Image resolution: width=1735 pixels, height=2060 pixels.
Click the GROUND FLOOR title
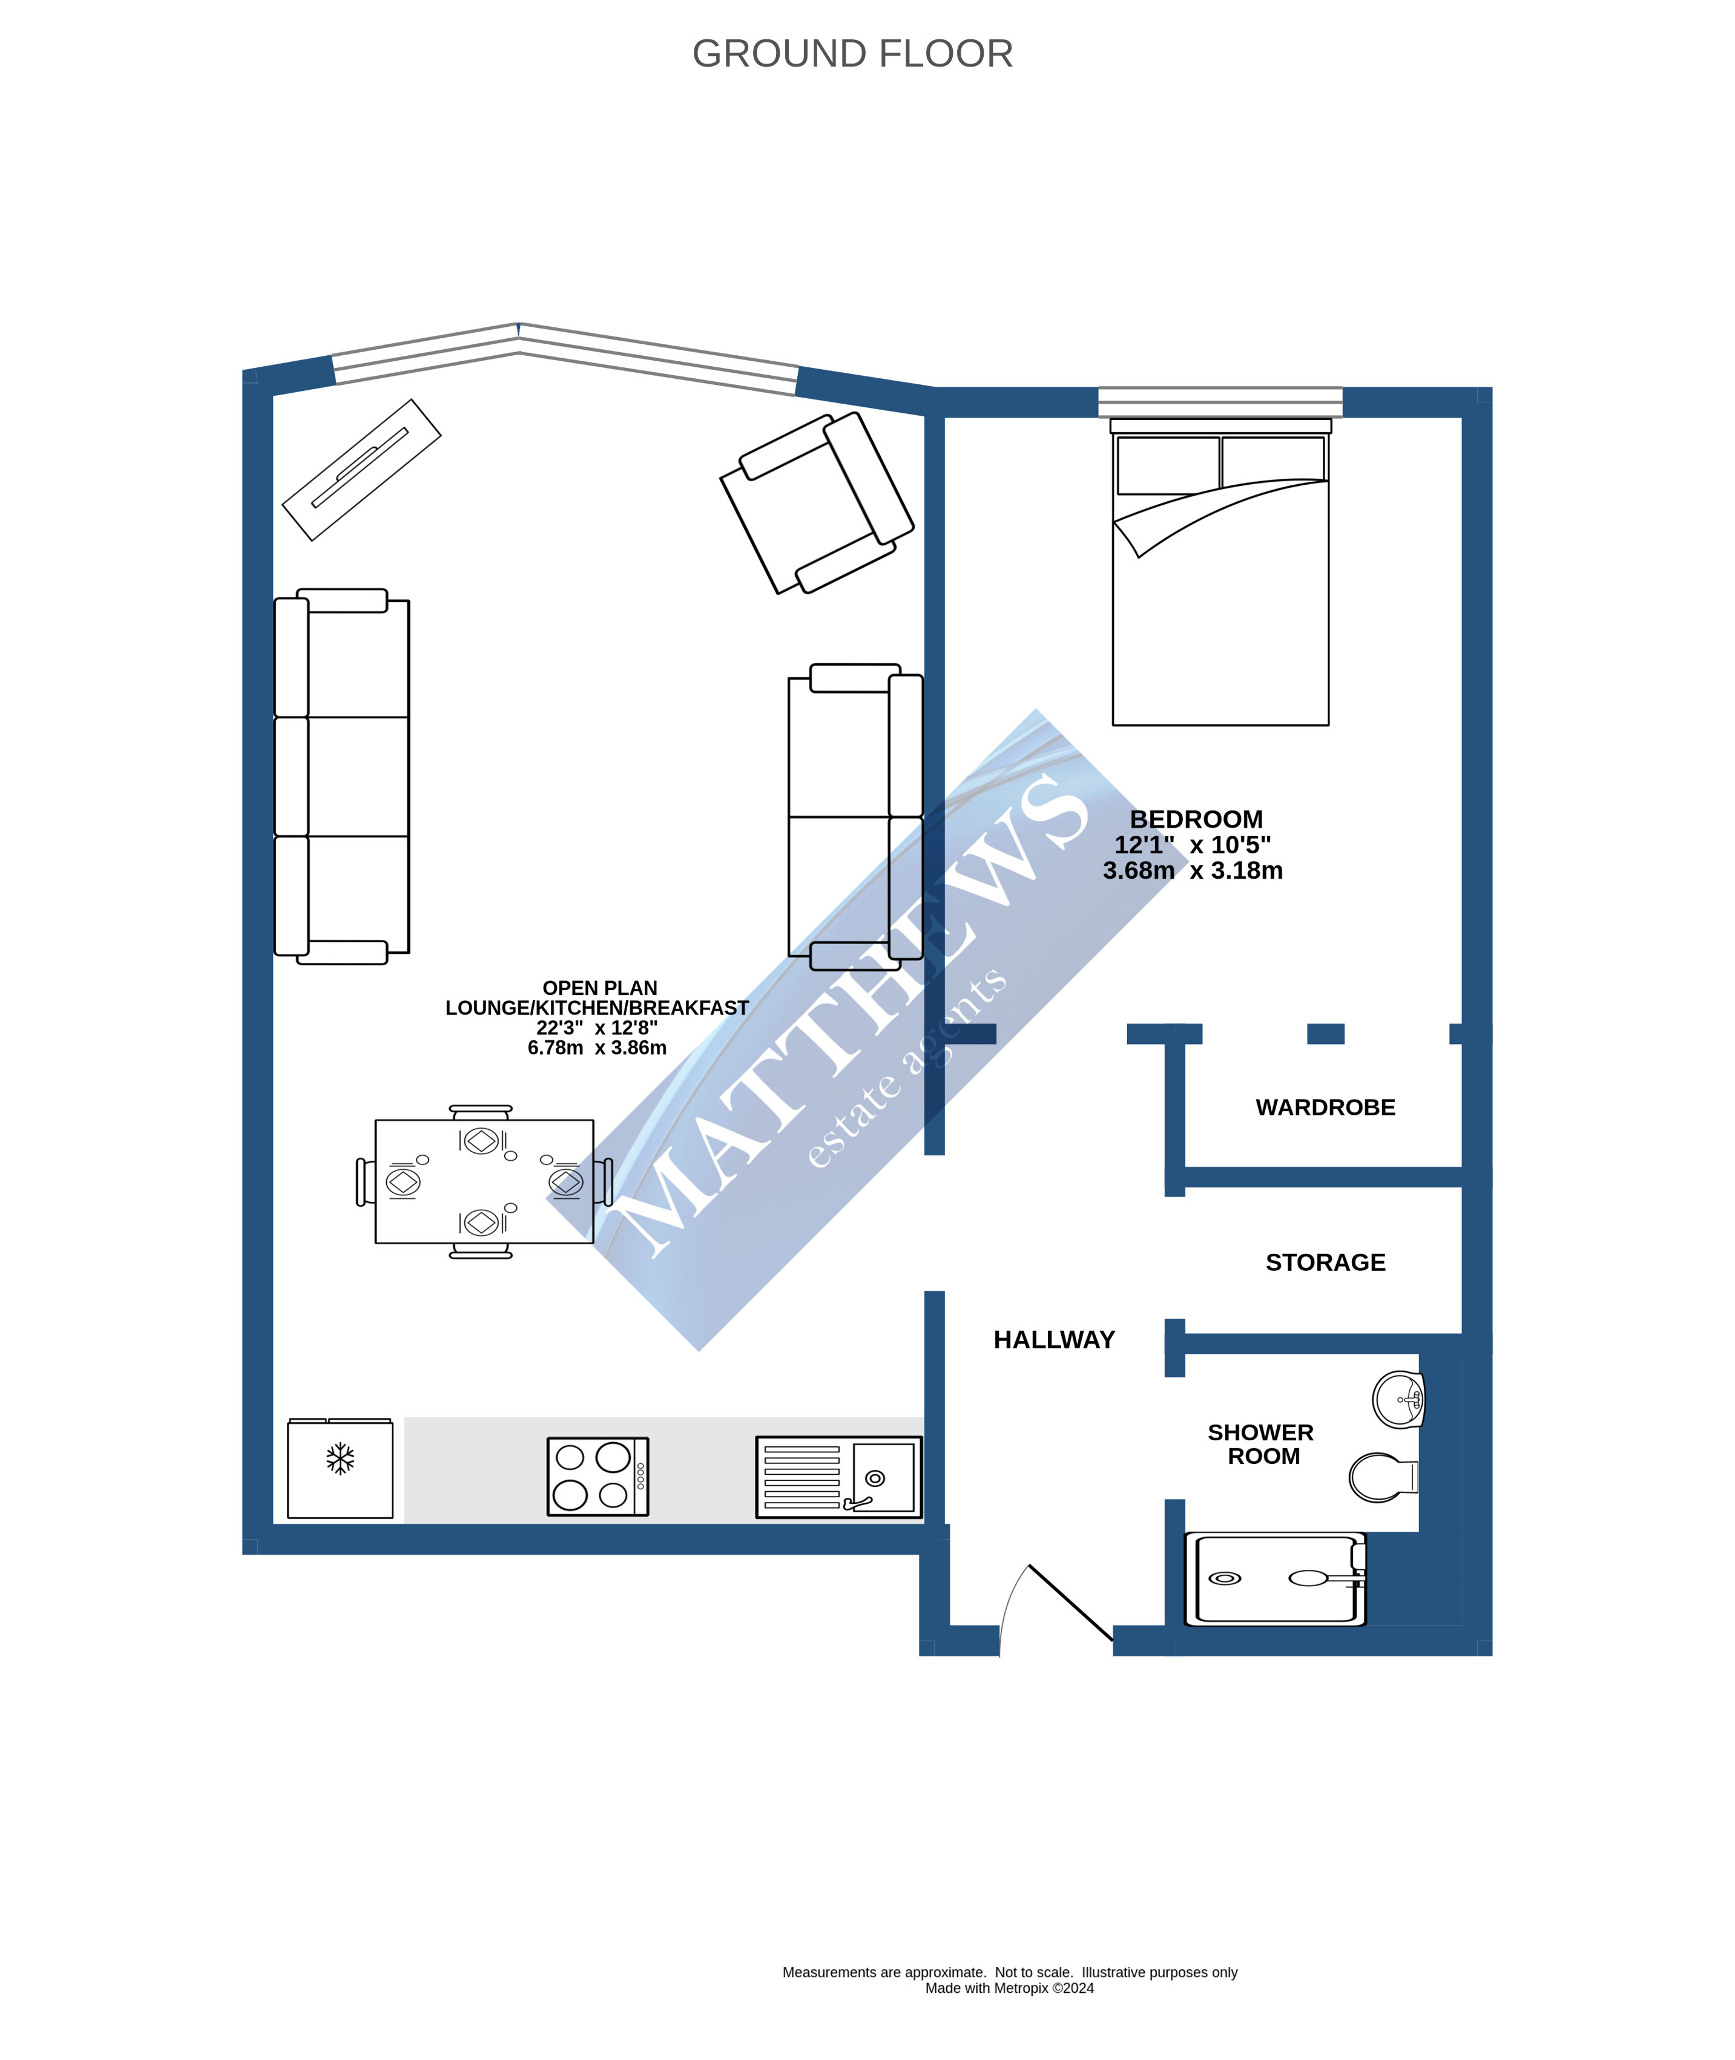pyautogui.click(x=852, y=54)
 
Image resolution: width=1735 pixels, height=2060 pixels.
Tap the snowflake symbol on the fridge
pyautogui.click(x=340, y=1458)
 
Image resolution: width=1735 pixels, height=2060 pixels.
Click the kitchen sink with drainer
pyautogui.click(x=838, y=1477)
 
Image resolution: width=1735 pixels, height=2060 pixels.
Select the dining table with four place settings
pyautogui.click(x=484, y=1181)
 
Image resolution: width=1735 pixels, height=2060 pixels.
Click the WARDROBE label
pyautogui.click(x=1325, y=1107)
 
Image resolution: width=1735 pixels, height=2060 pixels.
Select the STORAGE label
pyautogui.click(x=1325, y=1262)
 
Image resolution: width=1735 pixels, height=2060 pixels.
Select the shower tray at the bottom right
pyautogui.click(x=1275, y=1578)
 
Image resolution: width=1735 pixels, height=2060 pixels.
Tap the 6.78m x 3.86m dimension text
pyautogui.click(x=596, y=1048)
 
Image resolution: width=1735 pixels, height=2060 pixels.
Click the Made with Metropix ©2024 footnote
pyautogui.click(x=1009, y=1988)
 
